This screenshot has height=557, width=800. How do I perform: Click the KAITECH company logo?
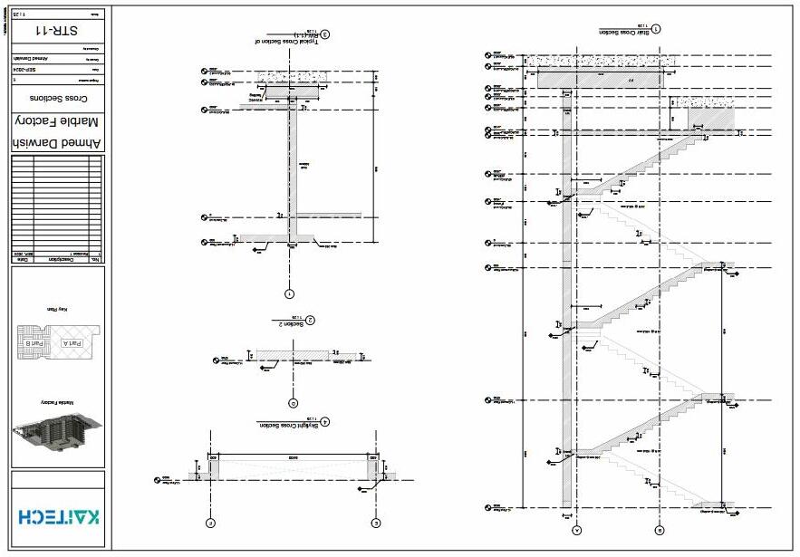[58, 516]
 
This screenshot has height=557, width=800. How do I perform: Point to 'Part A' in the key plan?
[70, 343]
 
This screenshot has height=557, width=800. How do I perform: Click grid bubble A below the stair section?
[577, 530]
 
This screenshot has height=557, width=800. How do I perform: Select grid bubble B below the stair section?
[660, 530]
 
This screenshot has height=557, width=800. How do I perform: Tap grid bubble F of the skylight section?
[209, 523]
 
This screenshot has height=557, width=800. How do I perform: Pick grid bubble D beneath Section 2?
[292, 403]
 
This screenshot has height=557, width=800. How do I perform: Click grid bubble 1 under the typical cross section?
[289, 293]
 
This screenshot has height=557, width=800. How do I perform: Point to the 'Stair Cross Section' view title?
[624, 32]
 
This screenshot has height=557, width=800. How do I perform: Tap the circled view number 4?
[325, 421]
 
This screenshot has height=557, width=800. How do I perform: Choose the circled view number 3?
[324, 36]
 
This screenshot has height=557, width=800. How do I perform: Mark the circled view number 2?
[310, 320]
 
